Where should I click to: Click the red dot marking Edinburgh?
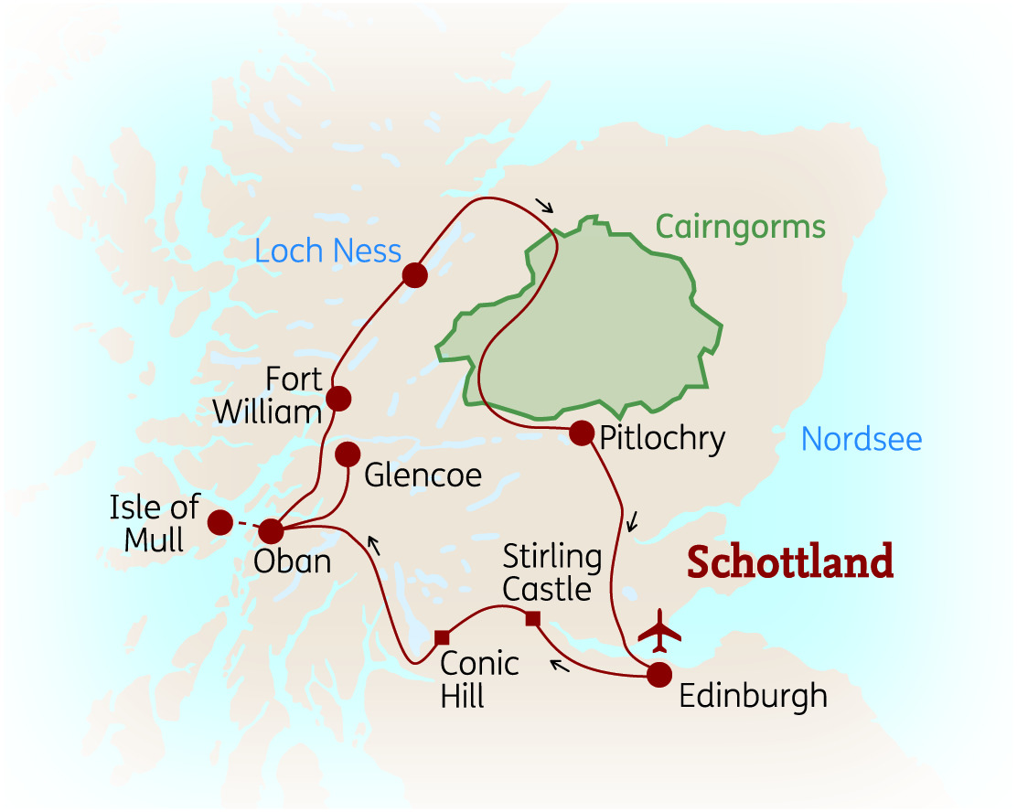point(658,675)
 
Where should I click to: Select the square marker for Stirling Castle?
point(534,619)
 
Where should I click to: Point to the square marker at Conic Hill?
point(442,636)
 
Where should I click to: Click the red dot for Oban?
point(272,530)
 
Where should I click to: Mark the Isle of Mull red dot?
point(219,522)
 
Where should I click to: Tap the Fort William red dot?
point(338,398)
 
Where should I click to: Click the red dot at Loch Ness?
point(414,275)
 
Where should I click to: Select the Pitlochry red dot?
point(582,433)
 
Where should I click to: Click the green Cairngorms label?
point(740,226)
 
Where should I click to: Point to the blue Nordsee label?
point(862,440)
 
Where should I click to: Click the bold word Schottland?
point(789,561)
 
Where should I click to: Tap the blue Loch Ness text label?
point(328,251)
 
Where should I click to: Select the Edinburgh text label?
point(753,696)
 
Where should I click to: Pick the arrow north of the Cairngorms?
point(545,205)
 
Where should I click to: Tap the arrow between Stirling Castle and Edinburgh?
point(560,663)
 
